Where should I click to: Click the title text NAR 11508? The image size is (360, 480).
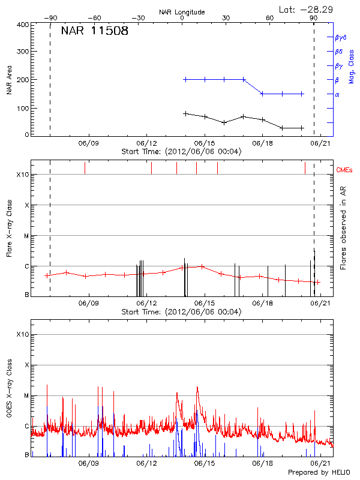pos(94,32)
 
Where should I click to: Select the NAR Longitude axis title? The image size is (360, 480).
pos(182,12)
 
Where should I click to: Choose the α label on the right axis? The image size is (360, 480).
pos(337,94)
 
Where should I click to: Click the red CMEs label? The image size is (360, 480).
pos(345,170)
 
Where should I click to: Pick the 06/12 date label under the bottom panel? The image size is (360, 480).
pos(146,464)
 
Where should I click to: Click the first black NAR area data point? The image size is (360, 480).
pos(185,113)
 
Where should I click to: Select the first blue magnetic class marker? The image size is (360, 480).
pos(185,79)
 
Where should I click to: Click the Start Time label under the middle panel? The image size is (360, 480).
pos(181,312)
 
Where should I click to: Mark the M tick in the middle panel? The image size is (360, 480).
pos(26,236)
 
